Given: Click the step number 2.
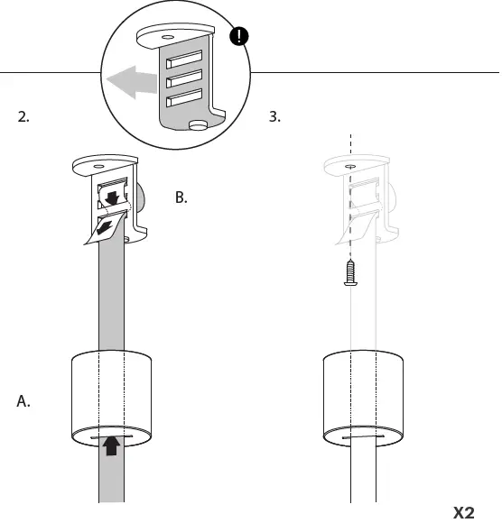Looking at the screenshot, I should point(24,116).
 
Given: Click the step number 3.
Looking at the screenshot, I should point(275,116).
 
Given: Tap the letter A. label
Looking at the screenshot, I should point(24,402).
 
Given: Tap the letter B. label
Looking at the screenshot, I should point(181,197).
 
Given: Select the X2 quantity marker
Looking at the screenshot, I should point(463,512).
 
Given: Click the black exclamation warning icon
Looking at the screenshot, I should point(240,37).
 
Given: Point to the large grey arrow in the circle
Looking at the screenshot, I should point(129,84).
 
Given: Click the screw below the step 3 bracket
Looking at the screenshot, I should point(349,271).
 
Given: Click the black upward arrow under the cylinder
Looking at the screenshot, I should point(111,445).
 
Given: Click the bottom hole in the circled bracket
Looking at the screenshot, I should point(195,124).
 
